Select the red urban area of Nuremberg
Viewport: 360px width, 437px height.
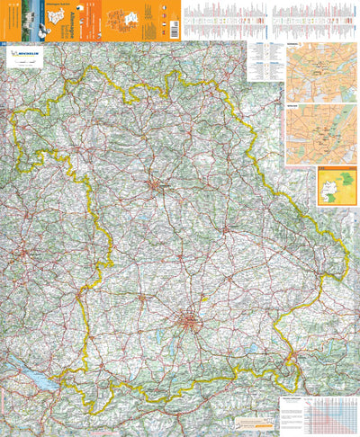click(x=159, y=187)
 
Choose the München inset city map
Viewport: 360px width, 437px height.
click(x=320, y=133)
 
